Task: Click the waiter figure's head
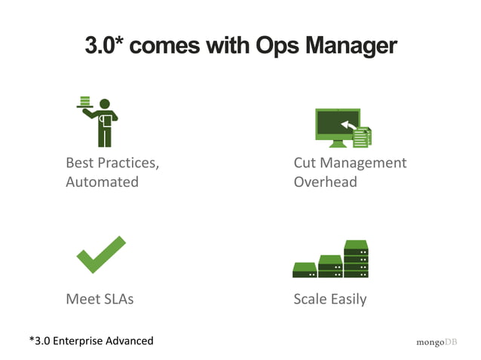tap(105, 103)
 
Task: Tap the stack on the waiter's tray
tap(85, 101)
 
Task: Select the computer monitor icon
tap(336, 127)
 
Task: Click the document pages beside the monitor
tap(363, 137)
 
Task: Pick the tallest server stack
tap(356, 259)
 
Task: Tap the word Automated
tap(102, 182)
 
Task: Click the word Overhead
tap(325, 182)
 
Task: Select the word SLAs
tap(115, 299)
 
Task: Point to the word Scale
tap(310, 299)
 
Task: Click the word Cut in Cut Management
tap(305, 163)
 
